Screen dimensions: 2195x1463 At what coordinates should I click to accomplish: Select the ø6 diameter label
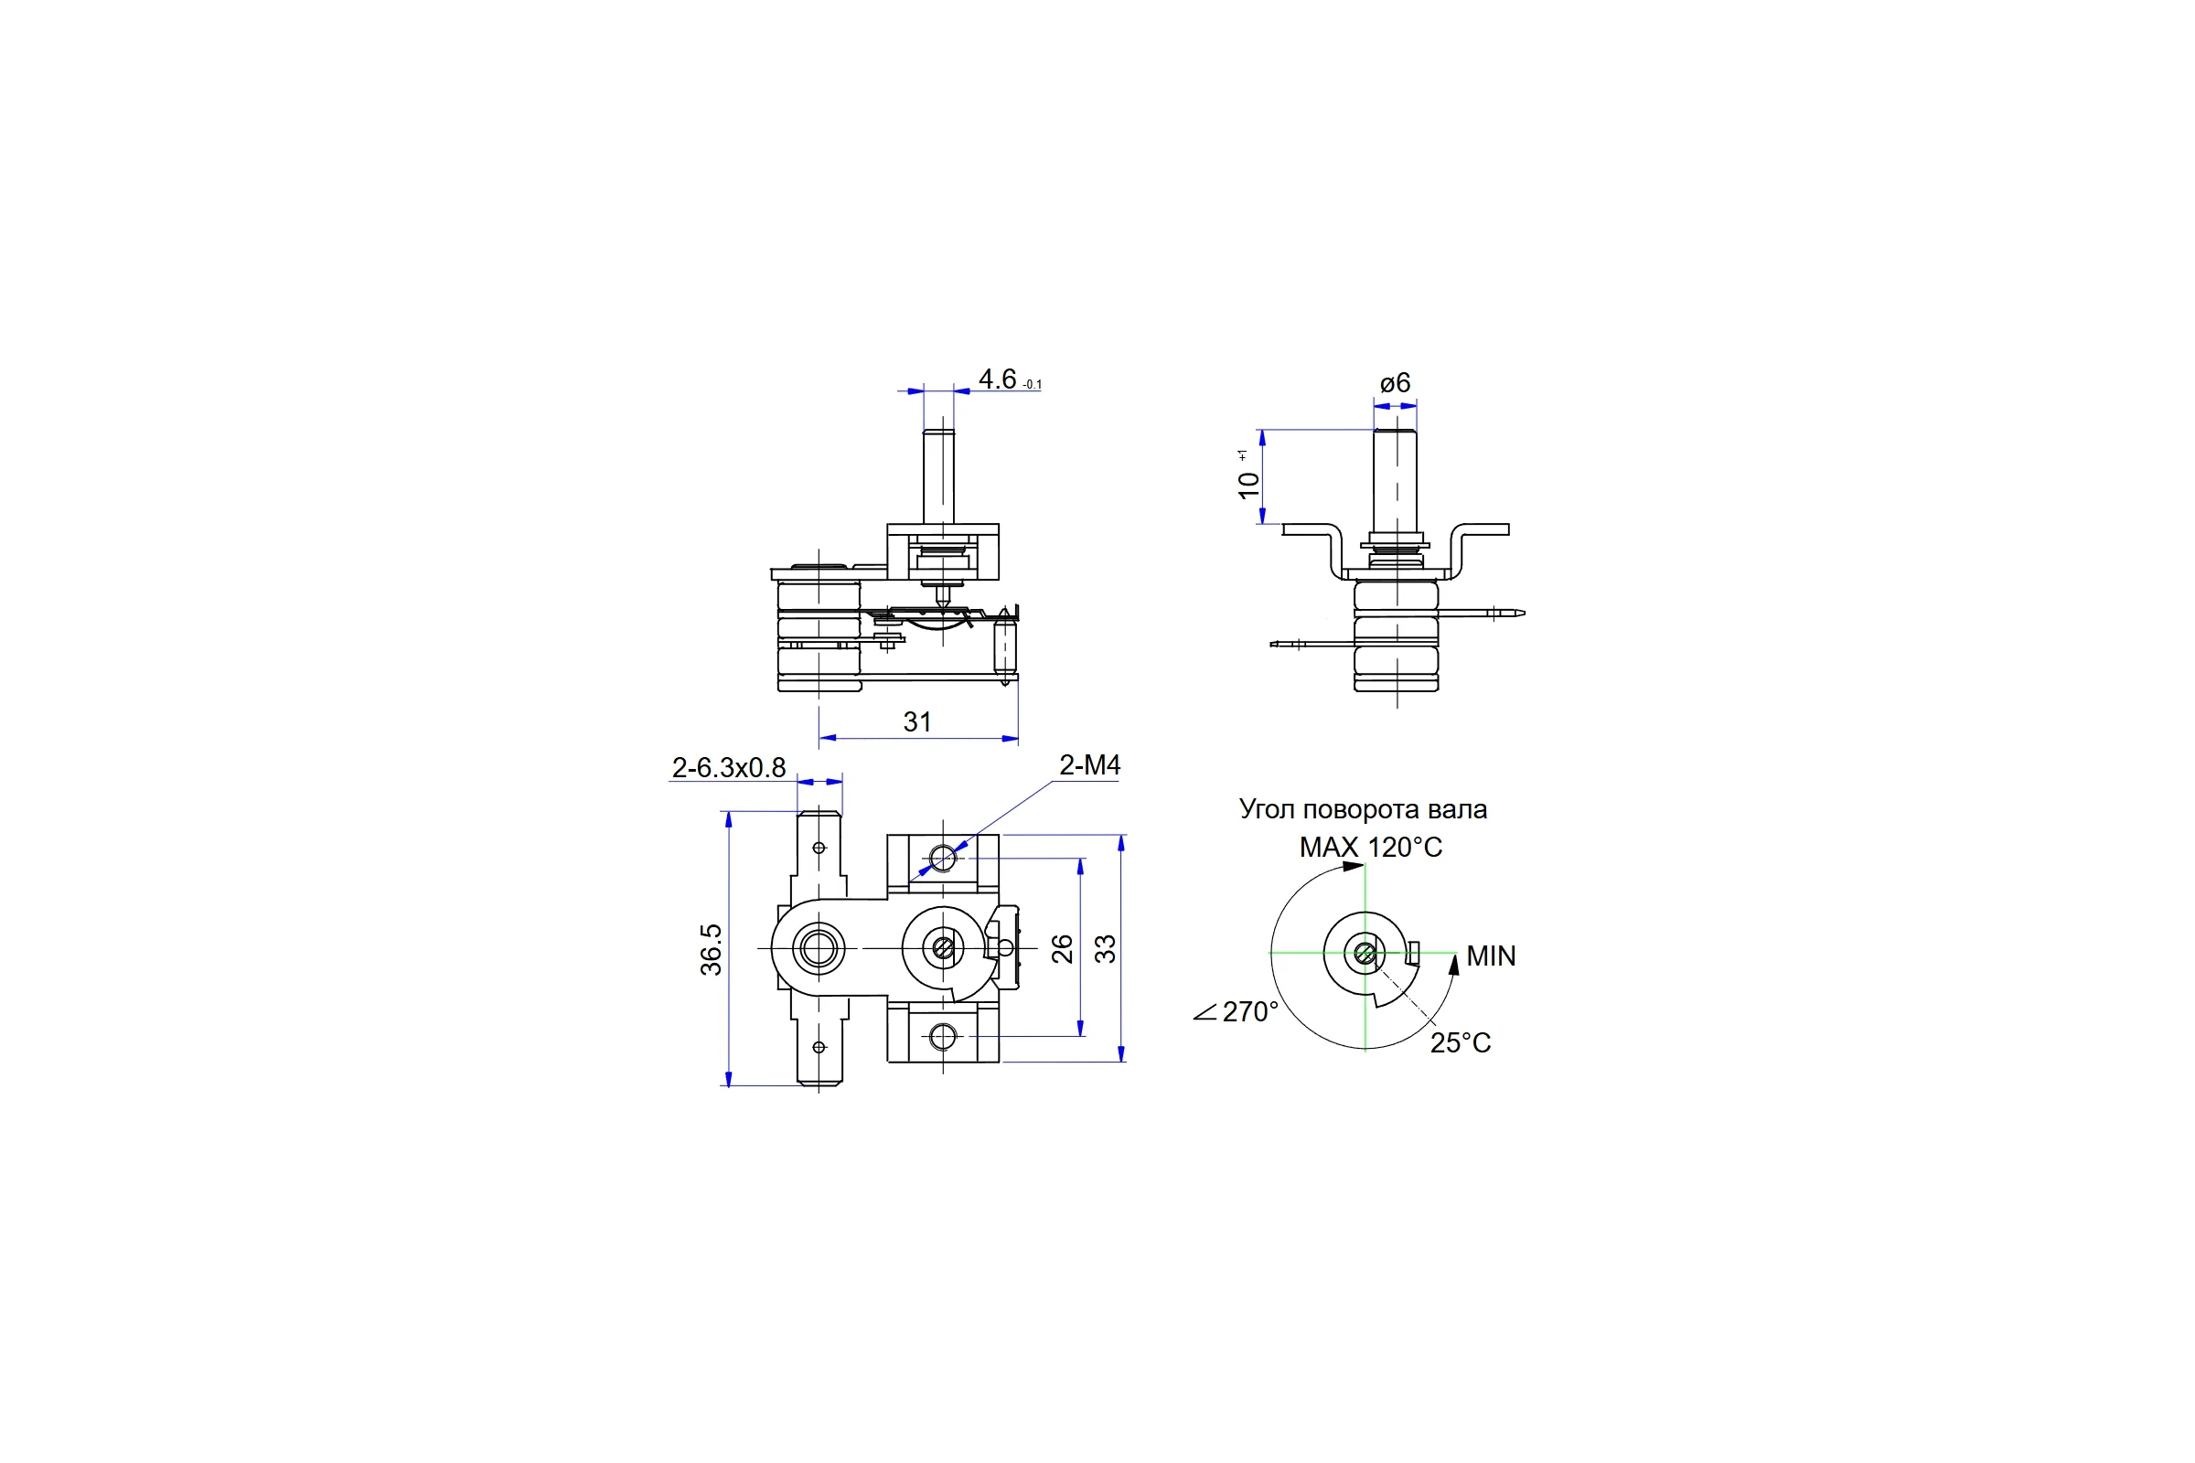coord(1396,382)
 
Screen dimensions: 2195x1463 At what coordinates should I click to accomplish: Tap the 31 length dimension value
coord(917,721)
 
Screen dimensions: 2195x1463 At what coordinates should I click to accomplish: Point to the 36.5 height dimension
coord(712,950)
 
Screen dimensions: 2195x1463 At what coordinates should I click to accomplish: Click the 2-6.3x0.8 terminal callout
coord(729,768)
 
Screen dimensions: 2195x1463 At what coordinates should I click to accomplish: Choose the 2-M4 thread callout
coord(1089,765)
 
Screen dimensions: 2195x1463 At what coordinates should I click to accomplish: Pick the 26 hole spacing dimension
coord(1062,949)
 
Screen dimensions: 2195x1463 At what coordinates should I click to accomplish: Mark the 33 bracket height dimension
coord(1105,949)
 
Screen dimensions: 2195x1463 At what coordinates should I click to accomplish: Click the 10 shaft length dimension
coord(1247,485)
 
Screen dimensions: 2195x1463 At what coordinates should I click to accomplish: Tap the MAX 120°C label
coord(1371,848)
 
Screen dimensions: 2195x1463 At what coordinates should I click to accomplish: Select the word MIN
coord(1492,956)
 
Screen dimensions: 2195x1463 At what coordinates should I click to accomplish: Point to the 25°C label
coord(1461,1043)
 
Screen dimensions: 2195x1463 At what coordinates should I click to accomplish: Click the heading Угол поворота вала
coord(1363,809)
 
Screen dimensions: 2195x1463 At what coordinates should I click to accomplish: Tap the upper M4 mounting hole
coord(943,858)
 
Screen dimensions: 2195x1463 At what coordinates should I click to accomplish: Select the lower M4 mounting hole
coord(943,1036)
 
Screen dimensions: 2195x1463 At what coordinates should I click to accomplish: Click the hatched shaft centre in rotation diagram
coord(1365,954)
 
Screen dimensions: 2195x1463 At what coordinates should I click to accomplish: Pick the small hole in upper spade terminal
coord(819,849)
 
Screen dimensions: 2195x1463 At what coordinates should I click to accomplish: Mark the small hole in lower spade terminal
coord(819,1047)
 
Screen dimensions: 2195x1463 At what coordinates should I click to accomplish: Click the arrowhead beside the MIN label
coord(1453,965)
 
